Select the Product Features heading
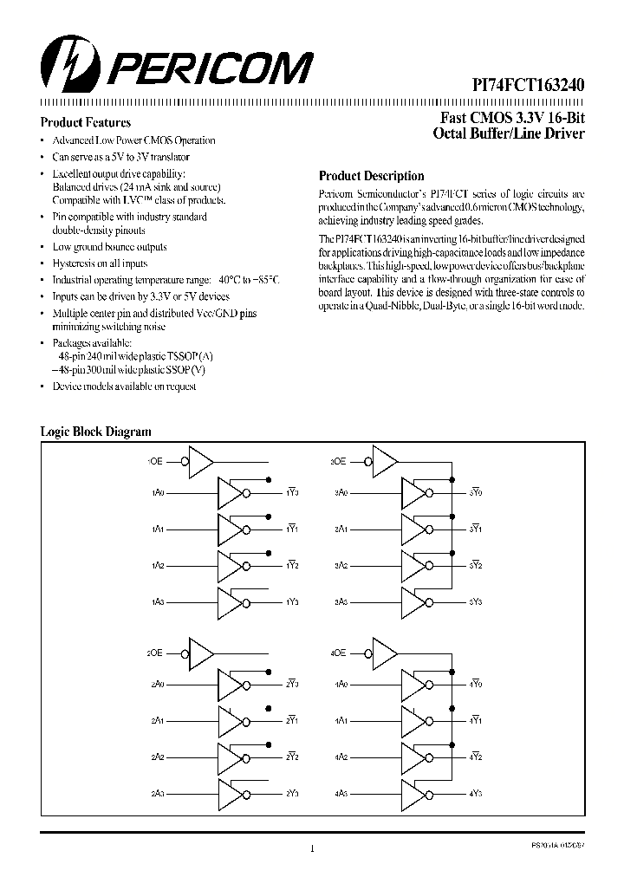tap(86, 123)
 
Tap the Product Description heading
tap(372, 175)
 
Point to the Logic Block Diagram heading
tap(96, 431)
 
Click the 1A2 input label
tap(157, 565)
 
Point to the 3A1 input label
tap(341, 529)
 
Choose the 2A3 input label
tap(157, 792)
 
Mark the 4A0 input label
tap(341, 684)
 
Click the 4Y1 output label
tap(476, 720)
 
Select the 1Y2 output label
tap(292, 565)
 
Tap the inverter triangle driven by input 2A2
tap(231, 757)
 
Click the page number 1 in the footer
tap(311, 848)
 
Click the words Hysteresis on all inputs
tap(100, 263)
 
